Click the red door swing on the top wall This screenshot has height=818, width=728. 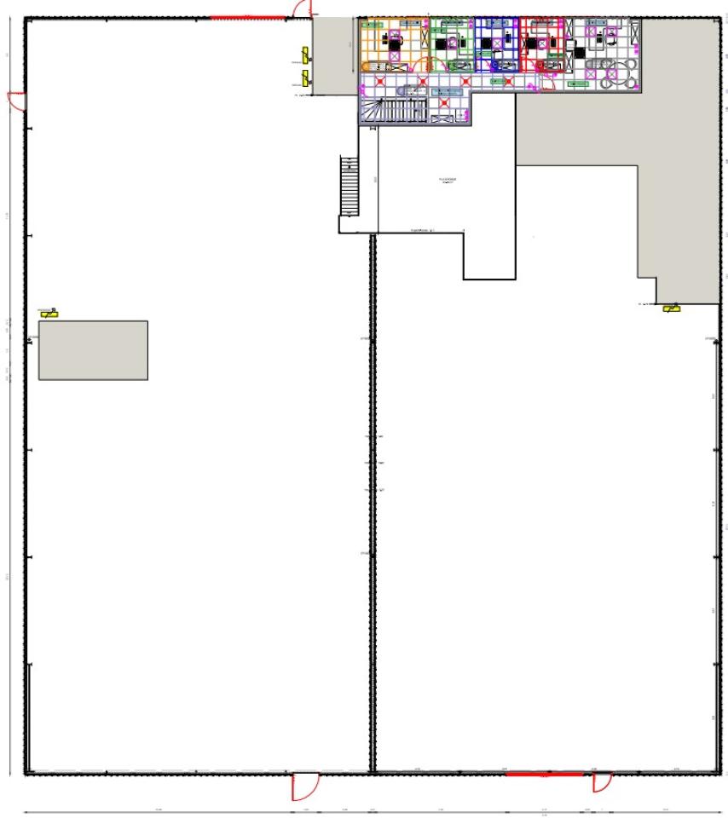301,9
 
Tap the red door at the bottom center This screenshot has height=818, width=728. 303,786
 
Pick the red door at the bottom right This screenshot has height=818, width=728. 602,781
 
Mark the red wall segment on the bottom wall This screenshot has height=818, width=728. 544,774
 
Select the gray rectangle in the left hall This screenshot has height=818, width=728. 93,349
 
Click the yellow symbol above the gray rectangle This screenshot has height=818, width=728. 49,314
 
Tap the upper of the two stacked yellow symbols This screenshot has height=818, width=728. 299,60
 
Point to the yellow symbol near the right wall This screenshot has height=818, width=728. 672,308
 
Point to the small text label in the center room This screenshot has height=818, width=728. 448,181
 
